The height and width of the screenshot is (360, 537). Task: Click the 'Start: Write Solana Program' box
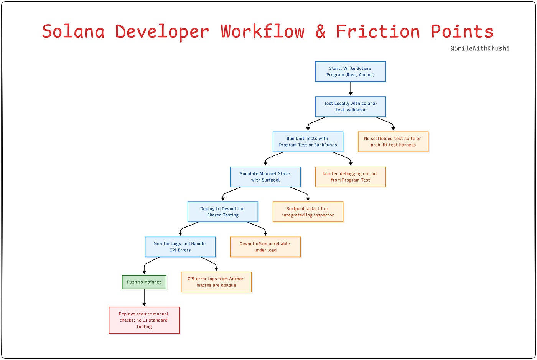[x=350, y=72]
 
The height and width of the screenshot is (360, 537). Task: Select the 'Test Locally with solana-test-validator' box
[x=350, y=107]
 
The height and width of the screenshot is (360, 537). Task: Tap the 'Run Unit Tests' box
[x=308, y=142]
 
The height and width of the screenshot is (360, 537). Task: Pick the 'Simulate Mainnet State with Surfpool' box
[x=265, y=177]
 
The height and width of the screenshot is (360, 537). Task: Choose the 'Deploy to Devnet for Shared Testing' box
[x=222, y=212]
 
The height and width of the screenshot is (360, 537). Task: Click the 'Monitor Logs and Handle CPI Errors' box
[x=180, y=247]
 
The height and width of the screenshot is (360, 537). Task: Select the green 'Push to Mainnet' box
[x=144, y=282]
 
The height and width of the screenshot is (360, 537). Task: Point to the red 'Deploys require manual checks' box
[x=144, y=320]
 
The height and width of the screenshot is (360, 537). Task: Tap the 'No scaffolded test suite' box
[x=393, y=142]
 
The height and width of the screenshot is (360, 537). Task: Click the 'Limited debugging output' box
[x=350, y=177]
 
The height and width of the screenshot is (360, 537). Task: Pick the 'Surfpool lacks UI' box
[x=308, y=212]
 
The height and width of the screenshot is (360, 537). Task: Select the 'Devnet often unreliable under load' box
[x=265, y=247]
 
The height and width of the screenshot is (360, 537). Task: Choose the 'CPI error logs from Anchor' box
[x=216, y=282]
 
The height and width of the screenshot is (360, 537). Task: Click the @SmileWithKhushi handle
[x=480, y=48]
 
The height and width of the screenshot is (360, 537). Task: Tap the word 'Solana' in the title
[x=73, y=31]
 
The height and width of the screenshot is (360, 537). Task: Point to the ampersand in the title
[x=320, y=31]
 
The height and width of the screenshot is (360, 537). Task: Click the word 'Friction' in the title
[x=378, y=31]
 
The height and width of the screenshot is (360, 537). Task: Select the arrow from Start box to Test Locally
[x=350, y=89]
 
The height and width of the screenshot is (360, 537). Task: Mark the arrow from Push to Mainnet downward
[x=144, y=298]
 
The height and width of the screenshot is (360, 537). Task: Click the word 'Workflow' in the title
[x=262, y=31]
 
